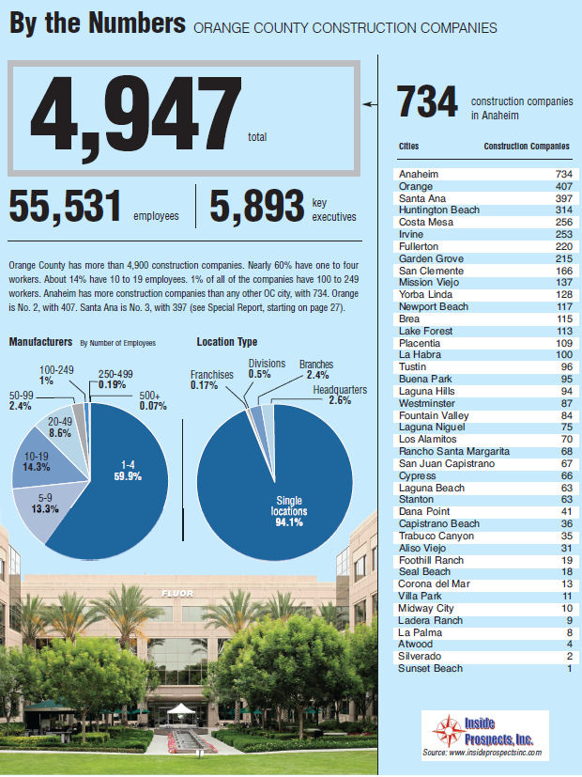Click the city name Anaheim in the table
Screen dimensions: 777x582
(x=418, y=175)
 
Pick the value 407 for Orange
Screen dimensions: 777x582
(x=560, y=186)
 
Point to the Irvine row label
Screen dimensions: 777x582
(x=412, y=234)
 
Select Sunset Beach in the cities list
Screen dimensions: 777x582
(x=429, y=668)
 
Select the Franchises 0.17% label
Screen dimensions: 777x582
(x=211, y=380)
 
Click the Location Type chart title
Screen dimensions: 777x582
(x=226, y=343)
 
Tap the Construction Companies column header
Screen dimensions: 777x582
(x=526, y=147)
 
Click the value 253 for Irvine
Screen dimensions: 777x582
(x=560, y=234)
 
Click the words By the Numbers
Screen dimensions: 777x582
(x=95, y=23)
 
